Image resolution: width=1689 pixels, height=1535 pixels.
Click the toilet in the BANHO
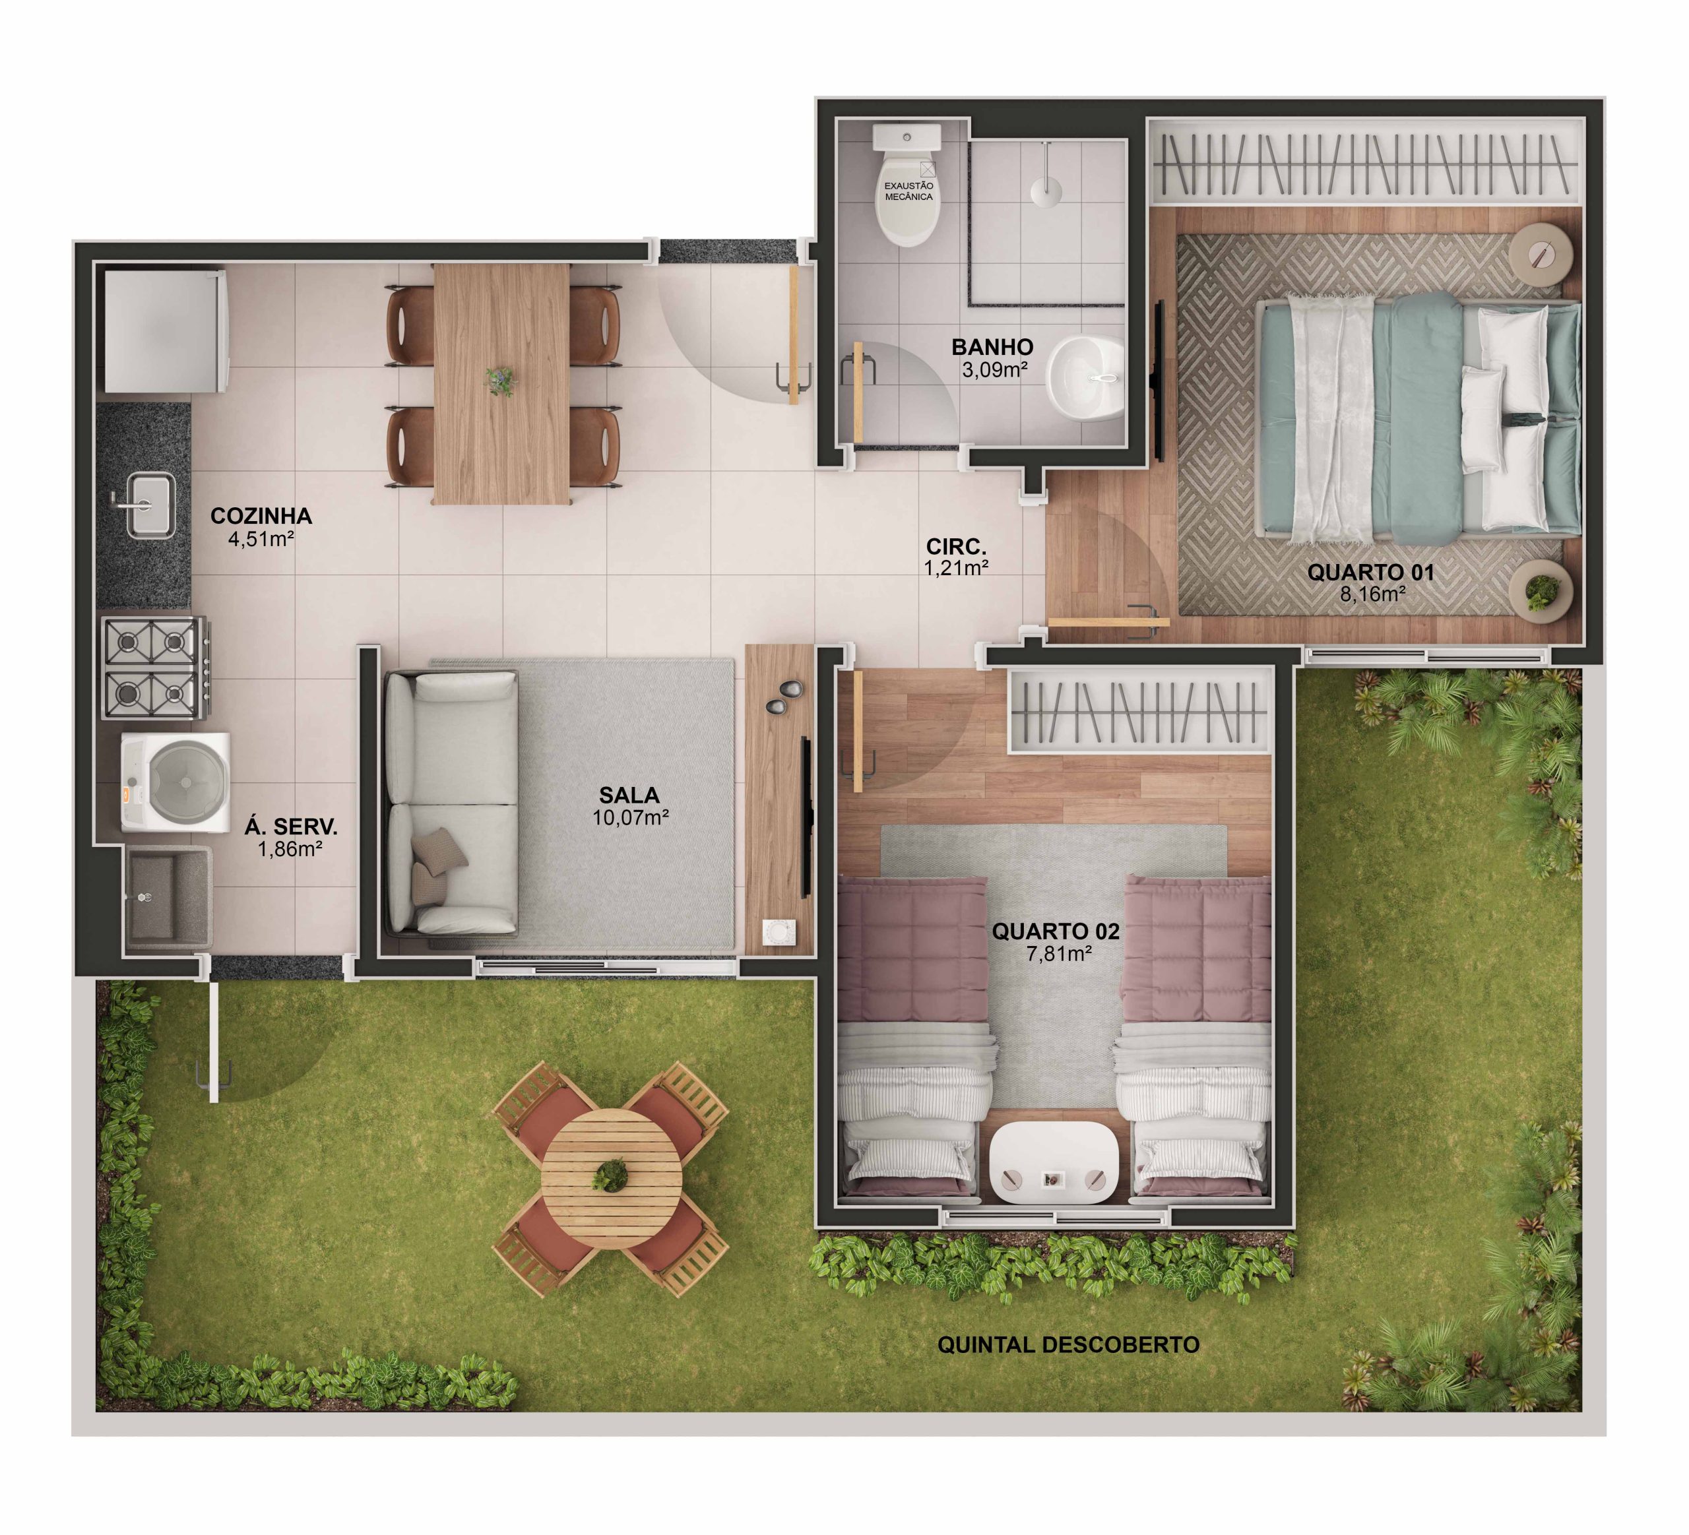click(907, 189)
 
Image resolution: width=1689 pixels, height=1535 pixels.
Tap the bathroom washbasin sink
click(1087, 379)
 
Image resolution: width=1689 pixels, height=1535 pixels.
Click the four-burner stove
click(154, 668)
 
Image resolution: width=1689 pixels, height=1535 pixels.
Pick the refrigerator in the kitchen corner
click(164, 329)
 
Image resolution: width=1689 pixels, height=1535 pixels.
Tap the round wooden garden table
click(611, 1178)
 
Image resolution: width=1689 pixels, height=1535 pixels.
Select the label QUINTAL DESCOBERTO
click(1068, 1345)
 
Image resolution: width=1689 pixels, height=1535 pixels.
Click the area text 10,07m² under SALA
click(630, 818)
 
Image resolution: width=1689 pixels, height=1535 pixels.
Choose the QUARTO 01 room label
click(1370, 573)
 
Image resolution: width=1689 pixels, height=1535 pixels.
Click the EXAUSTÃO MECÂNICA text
click(908, 191)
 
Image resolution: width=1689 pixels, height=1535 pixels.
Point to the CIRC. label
click(956, 547)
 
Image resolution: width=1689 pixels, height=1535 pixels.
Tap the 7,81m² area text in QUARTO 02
click(1058, 954)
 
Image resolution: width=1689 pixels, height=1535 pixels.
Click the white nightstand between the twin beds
click(1054, 1162)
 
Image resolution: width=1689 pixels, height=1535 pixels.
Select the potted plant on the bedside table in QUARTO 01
click(1540, 591)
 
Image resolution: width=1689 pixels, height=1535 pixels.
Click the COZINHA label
click(261, 516)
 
